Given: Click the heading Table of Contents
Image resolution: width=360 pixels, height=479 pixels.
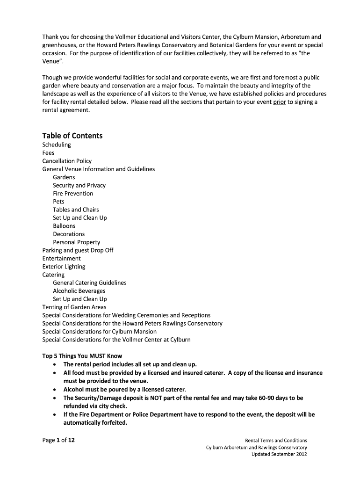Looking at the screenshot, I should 72,136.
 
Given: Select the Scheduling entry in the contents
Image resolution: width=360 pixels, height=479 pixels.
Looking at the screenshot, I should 57,145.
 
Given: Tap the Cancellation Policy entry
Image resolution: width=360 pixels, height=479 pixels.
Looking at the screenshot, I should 67,161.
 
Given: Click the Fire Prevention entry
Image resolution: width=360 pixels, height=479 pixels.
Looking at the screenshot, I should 73,194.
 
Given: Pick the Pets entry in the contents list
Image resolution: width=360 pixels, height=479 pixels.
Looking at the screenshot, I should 58,202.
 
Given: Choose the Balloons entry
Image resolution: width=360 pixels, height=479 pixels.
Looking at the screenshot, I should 64,226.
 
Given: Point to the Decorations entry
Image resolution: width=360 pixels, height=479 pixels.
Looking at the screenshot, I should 69,234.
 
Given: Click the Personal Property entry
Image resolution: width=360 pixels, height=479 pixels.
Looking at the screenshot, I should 76,242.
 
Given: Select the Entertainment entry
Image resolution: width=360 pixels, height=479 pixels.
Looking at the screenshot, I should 61,258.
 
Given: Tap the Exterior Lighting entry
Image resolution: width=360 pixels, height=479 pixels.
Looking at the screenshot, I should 64,267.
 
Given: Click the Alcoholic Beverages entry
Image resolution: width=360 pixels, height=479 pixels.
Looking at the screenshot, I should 79,291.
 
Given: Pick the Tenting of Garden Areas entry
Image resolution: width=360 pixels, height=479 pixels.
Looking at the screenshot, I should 74,307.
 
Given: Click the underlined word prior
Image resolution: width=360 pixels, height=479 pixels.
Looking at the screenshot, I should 280,102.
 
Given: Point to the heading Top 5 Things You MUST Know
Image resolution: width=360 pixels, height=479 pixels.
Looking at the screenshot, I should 82,356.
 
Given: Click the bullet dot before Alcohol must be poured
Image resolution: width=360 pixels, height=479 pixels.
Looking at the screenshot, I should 56,390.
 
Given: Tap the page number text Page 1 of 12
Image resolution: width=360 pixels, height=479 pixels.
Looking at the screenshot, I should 58,440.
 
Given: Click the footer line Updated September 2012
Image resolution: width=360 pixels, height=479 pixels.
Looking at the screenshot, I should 279,454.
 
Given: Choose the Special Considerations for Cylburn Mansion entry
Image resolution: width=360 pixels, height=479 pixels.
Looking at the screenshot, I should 99,332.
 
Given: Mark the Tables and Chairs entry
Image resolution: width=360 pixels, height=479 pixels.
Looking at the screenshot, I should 76,210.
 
